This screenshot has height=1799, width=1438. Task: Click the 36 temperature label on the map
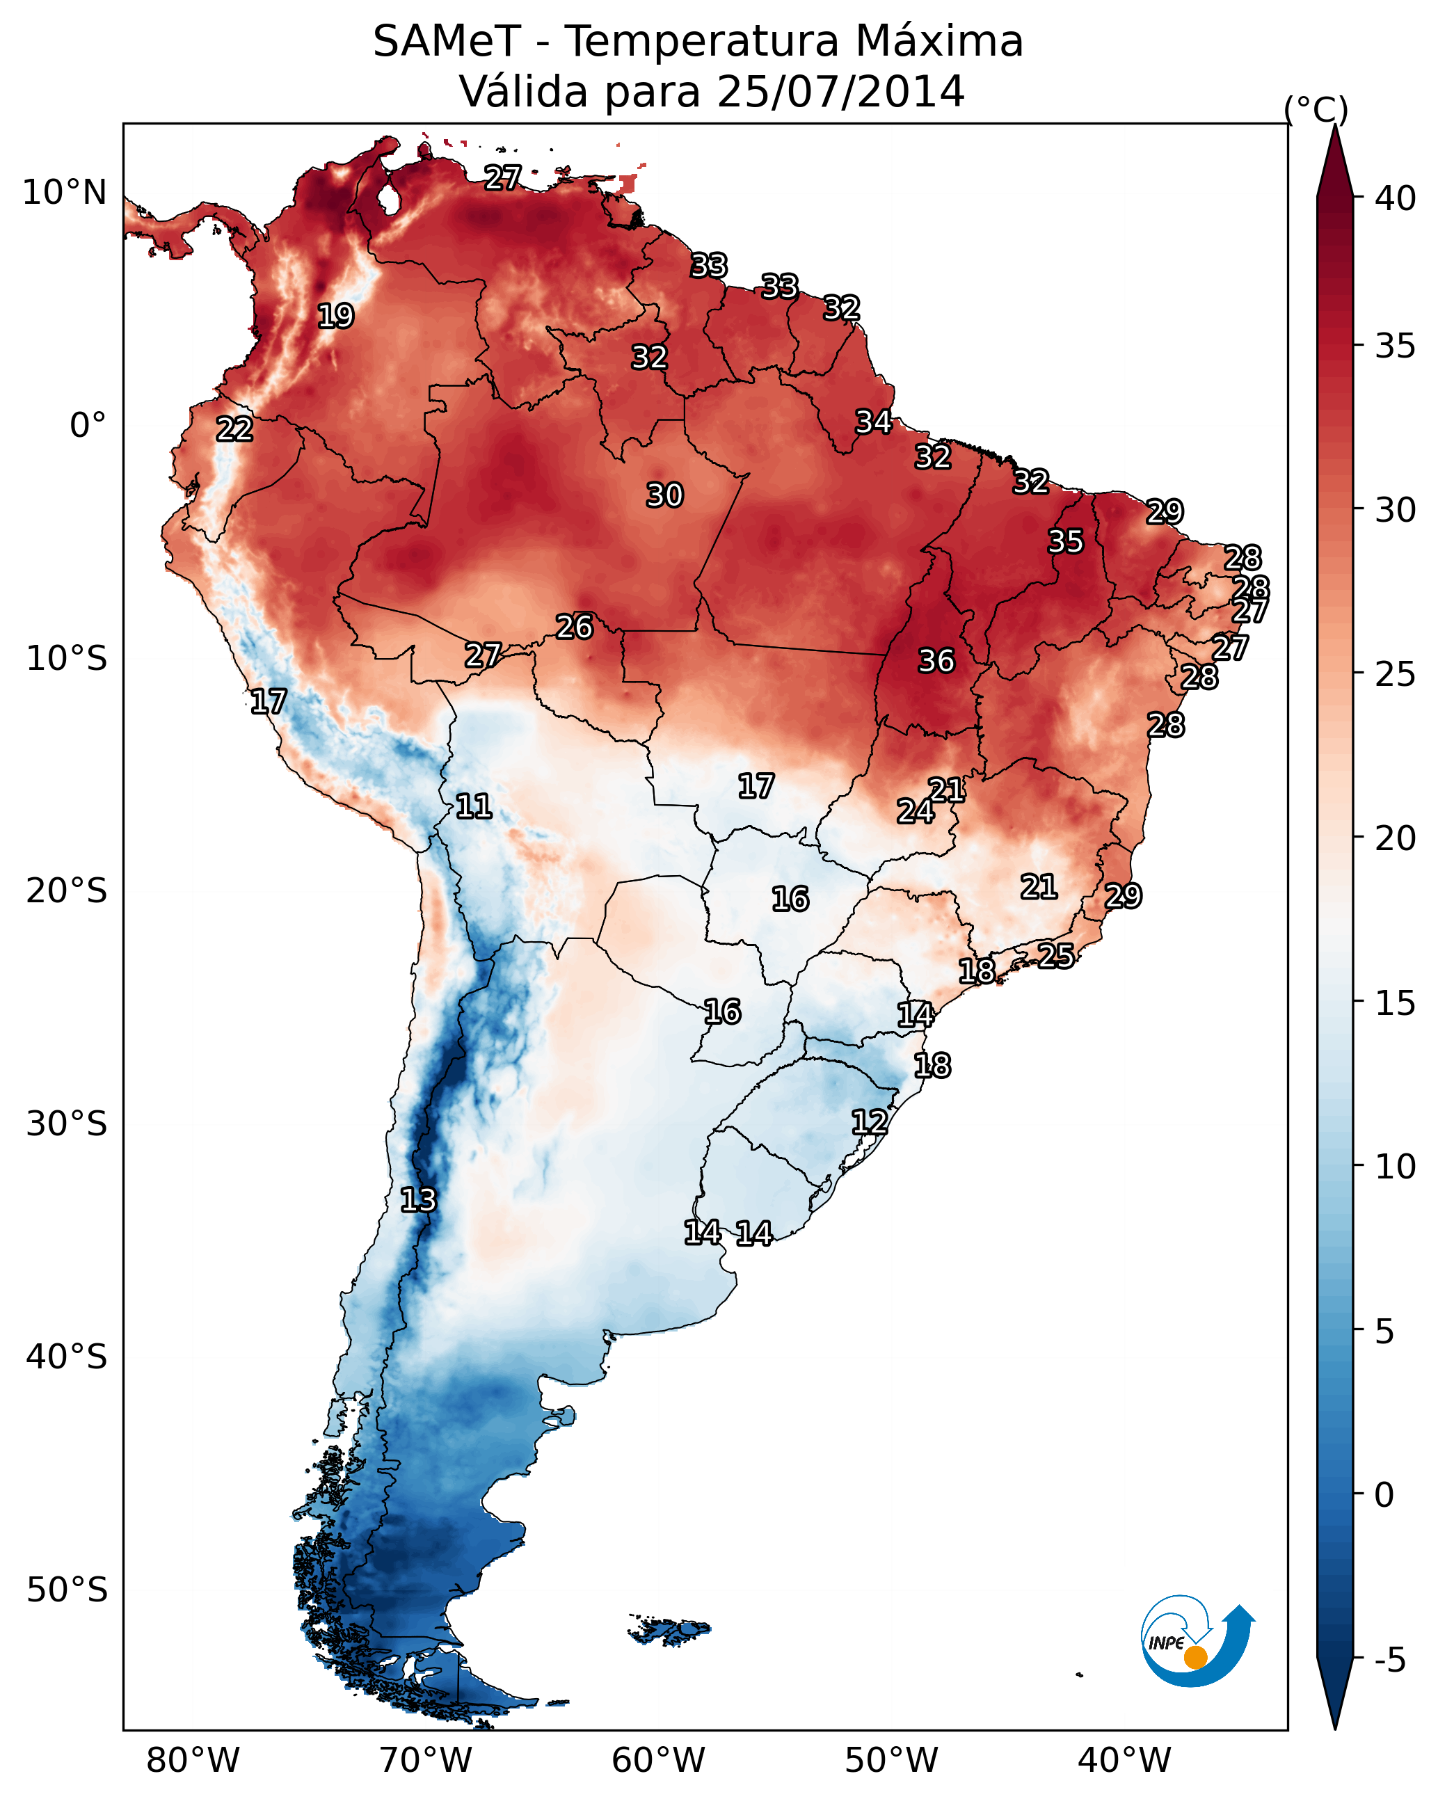tap(936, 661)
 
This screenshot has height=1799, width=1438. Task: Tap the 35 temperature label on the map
tap(1066, 541)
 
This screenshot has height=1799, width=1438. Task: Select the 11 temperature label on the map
tap(473, 806)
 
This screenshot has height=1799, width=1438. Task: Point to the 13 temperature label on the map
tap(418, 1200)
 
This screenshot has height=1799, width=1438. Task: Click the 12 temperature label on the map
tap(869, 1121)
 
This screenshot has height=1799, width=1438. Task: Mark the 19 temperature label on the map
tap(335, 317)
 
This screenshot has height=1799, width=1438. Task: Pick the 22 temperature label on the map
tap(234, 429)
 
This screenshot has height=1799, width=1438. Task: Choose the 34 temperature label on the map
tap(874, 422)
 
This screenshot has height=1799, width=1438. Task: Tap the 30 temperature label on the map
tap(664, 495)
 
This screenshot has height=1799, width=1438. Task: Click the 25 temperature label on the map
tap(1056, 955)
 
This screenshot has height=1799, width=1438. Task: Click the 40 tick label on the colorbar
tap(1396, 198)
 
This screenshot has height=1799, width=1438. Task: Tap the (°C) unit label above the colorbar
tap(1316, 109)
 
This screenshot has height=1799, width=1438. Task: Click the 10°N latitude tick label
tap(64, 193)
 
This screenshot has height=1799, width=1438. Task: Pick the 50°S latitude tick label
tap(67, 1590)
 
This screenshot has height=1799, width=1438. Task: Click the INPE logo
tap(1195, 1640)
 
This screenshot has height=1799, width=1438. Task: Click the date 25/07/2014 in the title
tap(840, 91)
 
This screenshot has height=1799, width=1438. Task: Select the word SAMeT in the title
tap(447, 41)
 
